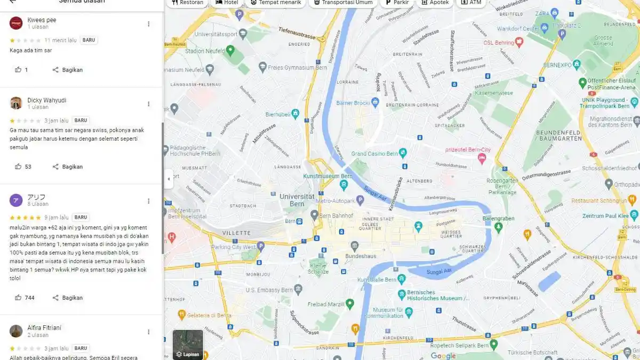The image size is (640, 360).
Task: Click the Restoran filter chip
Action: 187,3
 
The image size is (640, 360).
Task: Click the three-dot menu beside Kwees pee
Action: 149,24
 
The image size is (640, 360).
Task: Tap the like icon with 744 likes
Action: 19,298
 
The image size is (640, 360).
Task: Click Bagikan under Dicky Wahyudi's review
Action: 67,167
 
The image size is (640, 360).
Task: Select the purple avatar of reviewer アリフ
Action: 16,201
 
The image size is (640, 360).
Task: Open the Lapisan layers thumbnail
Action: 188,345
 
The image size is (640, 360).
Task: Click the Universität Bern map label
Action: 297,200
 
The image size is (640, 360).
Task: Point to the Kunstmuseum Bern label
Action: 327,176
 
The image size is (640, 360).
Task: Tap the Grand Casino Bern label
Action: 374,154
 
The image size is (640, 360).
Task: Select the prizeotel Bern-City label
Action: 468,149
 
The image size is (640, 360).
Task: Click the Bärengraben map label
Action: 498,219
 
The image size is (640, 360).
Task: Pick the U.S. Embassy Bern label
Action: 269,290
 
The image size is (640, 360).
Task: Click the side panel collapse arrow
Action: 169,179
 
